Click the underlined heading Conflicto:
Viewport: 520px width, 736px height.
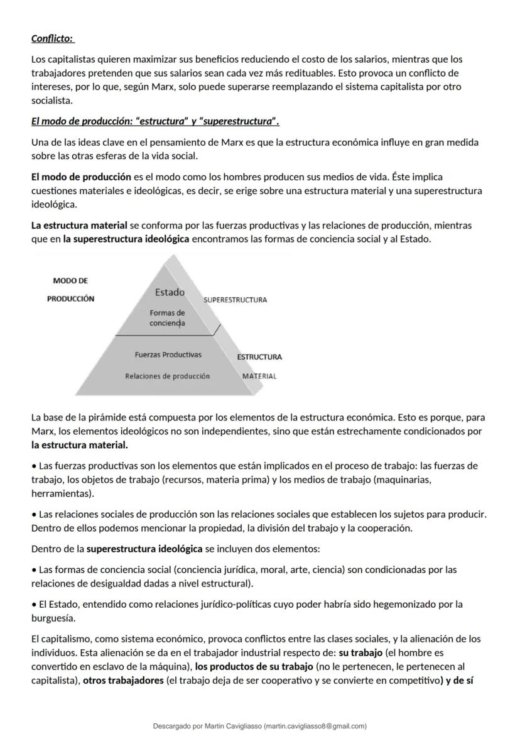(53, 39)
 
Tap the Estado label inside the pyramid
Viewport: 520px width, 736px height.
(170, 292)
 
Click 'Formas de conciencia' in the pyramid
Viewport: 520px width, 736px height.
(167, 318)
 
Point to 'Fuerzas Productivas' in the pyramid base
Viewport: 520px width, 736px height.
(168, 355)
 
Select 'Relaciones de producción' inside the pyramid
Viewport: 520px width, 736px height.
(167, 376)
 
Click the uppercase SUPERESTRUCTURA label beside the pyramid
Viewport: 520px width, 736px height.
(235, 300)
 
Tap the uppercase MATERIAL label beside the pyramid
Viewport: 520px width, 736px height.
(259, 376)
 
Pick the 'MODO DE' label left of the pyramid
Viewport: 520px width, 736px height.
(70, 281)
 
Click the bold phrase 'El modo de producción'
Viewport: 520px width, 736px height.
(81, 177)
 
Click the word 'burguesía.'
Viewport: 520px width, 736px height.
(52, 618)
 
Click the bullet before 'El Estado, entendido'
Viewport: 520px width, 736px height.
(34, 605)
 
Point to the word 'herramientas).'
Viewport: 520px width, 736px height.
(60, 494)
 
